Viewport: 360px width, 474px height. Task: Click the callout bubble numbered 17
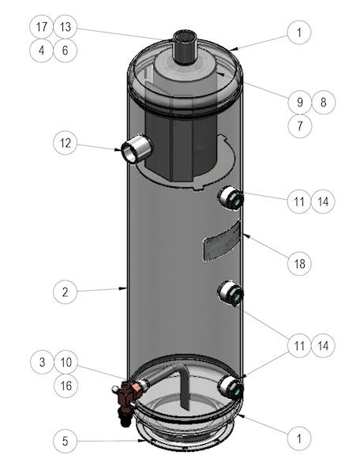pos(42,27)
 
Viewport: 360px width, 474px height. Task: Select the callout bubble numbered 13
pos(66,27)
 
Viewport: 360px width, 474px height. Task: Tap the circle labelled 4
pos(42,51)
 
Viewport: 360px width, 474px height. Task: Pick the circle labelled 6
pos(66,51)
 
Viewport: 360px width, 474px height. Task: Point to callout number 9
pos(299,101)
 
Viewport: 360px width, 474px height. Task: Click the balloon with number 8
pos(322,101)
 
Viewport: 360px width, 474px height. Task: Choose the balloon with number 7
pos(299,125)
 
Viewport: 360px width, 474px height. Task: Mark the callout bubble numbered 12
pos(66,143)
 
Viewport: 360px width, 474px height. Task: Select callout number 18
pos(299,263)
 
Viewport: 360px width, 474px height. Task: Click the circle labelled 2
pos(66,292)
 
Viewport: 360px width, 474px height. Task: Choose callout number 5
pos(66,440)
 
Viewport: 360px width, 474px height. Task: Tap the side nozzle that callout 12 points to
pos(137,149)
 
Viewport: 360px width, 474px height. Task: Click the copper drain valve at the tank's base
pos(129,393)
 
